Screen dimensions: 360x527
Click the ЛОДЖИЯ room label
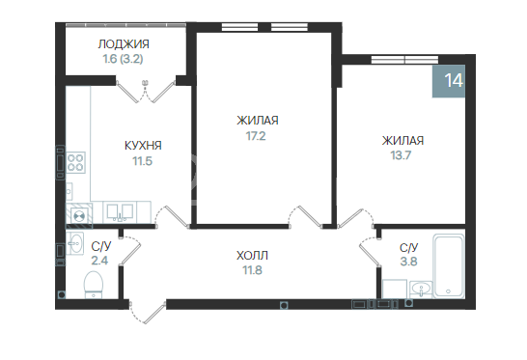(123, 44)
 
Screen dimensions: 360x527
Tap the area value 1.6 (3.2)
(123, 59)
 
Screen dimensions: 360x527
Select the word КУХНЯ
(143, 146)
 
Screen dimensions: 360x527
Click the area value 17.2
(257, 135)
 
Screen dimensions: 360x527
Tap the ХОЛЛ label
(252, 256)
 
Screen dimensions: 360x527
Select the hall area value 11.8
(252, 270)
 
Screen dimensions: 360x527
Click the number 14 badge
(454, 80)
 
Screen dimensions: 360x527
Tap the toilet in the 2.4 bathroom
(95, 283)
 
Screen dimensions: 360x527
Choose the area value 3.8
(408, 262)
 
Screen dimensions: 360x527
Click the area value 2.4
(99, 262)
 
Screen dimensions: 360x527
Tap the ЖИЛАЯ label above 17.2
(257, 121)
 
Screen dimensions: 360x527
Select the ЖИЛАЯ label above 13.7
(401, 140)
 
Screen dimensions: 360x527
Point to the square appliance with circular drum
(78, 213)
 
